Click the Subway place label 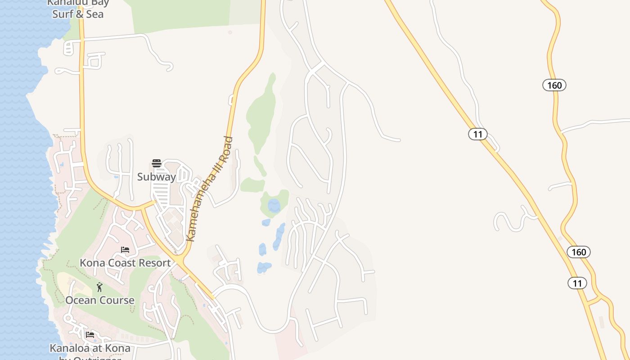[x=156, y=177]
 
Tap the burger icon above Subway [x=156, y=163]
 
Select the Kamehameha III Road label [x=210, y=189]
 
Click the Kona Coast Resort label [x=125, y=263]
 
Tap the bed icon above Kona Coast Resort [x=125, y=250]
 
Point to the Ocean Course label [x=100, y=300]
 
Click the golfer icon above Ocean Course [x=99, y=287]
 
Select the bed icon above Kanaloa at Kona [x=90, y=335]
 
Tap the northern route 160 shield [x=554, y=85]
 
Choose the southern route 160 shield [x=578, y=252]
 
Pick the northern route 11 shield [x=478, y=134]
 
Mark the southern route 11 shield [x=577, y=283]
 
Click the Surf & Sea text [x=78, y=14]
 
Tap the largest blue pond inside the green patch [x=274, y=206]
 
